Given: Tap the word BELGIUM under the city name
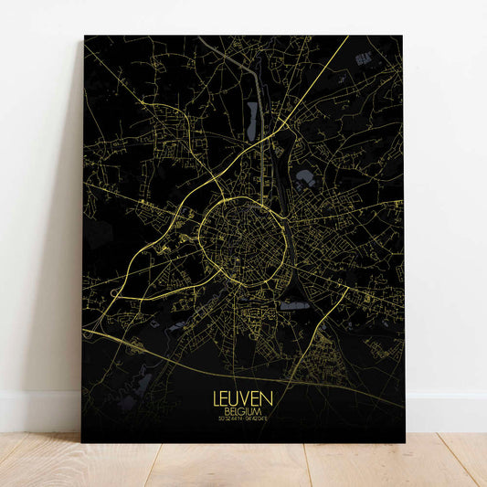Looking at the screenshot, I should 242,413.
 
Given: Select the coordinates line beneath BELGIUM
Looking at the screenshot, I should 242,422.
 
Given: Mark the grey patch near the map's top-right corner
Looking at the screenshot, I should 365,58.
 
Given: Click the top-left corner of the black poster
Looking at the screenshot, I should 84,37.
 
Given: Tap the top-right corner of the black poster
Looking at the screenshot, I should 403,37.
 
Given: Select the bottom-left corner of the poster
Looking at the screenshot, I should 83,442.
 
